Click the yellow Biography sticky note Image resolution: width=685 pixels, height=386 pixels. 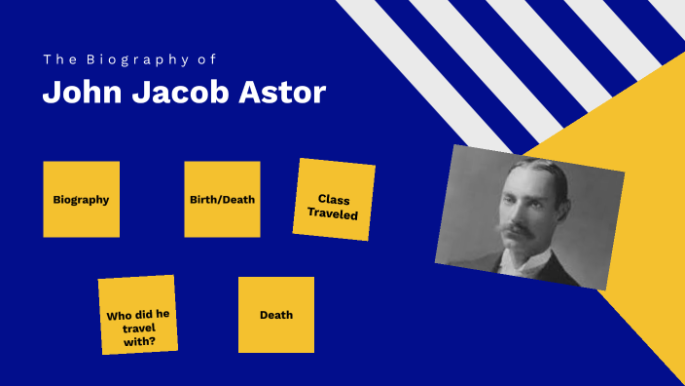tap(81, 199)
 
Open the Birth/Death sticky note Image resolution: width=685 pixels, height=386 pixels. tap(222, 199)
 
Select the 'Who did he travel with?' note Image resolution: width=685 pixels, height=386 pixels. tap(138, 315)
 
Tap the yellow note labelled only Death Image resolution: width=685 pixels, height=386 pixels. tap(276, 315)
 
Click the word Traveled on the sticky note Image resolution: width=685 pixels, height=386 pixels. tap(333, 213)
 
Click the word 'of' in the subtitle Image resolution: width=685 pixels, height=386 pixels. tap(207, 59)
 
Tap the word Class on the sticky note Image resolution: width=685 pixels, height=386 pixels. tap(334, 199)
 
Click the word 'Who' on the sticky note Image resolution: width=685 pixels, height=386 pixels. tap(120, 316)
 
